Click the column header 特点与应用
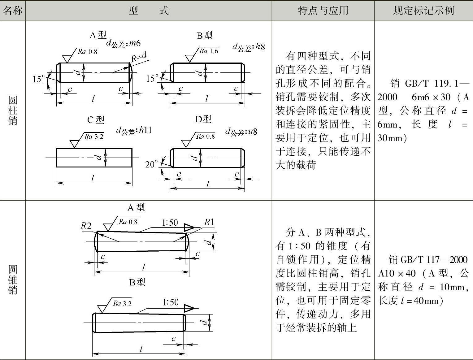click(x=323, y=11)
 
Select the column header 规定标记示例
click(x=423, y=11)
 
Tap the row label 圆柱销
click(x=13, y=110)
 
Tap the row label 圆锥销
click(x=13, y=280)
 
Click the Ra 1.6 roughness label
click(x=209, y=51)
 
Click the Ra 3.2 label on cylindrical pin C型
click(x=94, y=137)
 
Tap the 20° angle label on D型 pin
click(x=151, y=164)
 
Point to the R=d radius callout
click(x=138, y=57)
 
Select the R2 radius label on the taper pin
click(x=86, y=226)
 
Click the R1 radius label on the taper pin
click(x=209, y=222)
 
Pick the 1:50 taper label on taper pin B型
click(x=171, y=302)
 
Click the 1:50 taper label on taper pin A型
click(x=170, y=223)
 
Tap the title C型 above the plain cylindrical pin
click(x=96, y=120)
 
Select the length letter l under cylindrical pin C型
click(x=93, y=178)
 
